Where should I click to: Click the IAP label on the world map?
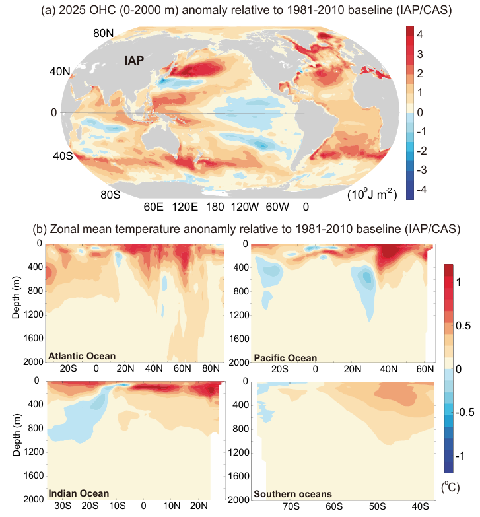pos(135,61)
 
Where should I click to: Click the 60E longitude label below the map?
pos(154,206)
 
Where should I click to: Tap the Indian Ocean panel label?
pos(79,493)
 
